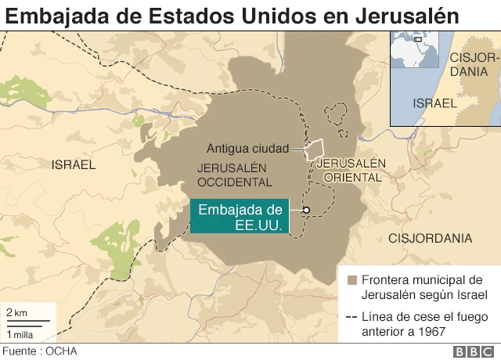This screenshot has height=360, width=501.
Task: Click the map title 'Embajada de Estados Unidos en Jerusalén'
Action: [230, 16]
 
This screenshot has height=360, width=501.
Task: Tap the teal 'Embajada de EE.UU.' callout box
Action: [240, 217]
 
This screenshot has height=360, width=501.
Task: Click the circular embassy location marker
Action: [307, 210]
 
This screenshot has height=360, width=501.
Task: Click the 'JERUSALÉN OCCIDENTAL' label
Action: [235, 175]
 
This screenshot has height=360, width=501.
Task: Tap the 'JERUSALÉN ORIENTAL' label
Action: [355, 169]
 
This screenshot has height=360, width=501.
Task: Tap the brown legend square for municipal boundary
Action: [351, 280]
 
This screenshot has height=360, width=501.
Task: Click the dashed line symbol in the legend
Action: [351, 318]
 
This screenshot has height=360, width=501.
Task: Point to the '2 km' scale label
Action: [16, 312]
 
